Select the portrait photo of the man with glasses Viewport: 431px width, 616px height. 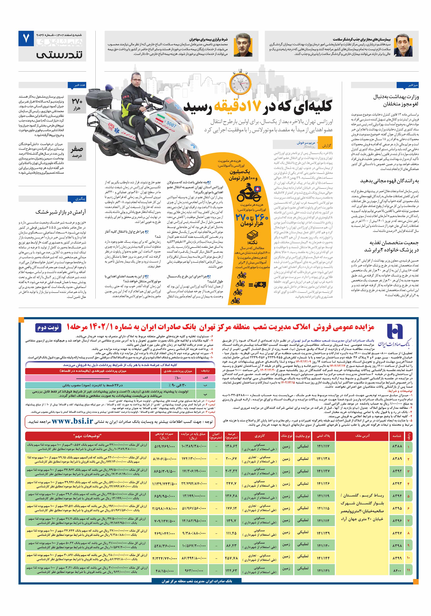(x=243, y=45)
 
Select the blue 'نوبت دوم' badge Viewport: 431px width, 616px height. (x=48, y=328)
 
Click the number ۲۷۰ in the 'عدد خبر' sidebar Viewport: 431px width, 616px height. (x=77, y=101)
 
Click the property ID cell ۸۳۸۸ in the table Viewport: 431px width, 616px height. (x=397, y=446)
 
